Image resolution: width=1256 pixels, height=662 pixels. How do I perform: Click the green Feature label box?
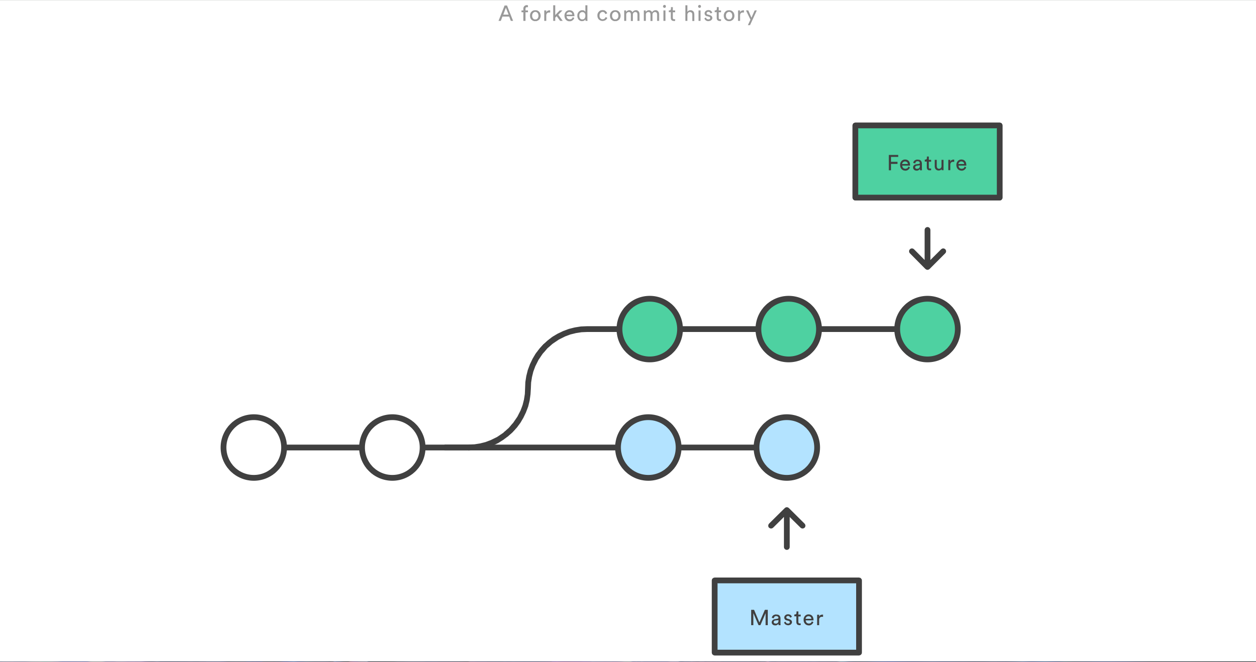click(x=927, y=162)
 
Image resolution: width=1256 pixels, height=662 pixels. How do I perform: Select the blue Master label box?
click(x=786, y=616)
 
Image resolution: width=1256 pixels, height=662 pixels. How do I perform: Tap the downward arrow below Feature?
click(x=927, y=248)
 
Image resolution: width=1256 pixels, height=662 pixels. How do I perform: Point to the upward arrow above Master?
click(x=786, y=528)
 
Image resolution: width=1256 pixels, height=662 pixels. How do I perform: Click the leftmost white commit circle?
click(x=254, y=447)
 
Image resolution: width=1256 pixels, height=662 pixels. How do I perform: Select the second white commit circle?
click(x=392, y=447)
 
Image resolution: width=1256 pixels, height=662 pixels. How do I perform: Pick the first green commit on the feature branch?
click(x=650, y=329)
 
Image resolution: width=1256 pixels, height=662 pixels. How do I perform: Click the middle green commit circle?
click(x=788, y=329)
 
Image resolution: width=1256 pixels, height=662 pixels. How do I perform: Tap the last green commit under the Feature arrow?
click(x=927, y=329)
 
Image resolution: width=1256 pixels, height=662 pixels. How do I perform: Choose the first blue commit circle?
click(x=648, y=447)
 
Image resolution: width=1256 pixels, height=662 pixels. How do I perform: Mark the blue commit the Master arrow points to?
click(x=786, y=447)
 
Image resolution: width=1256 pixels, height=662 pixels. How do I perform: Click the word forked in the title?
click(x=554, y=14)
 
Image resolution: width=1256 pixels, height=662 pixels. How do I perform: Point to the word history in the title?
click(x=720, y=15)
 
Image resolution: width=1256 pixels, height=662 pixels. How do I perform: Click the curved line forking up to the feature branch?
click(x=527, y=388)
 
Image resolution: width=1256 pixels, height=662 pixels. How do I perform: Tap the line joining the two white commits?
click(x=323, y=447)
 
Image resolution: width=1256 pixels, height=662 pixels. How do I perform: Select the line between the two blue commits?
click(x=717, y=447)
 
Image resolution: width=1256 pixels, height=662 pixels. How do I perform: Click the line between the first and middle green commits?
click(x=719, y=329)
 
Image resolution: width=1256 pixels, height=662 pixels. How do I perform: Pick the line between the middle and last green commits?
click(x=858, y=329)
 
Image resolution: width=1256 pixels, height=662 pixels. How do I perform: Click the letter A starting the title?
click(x=506, y=14)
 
